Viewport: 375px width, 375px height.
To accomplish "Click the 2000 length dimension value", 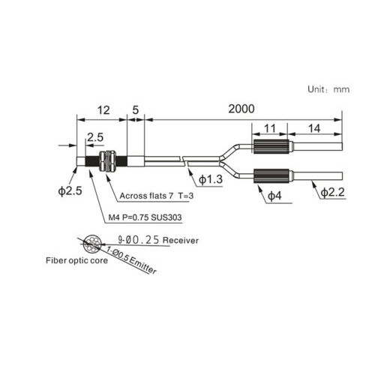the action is [241, 109].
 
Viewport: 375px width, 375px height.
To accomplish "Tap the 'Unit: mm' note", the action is [328, 89].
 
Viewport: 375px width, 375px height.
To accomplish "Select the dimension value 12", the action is [103, 110].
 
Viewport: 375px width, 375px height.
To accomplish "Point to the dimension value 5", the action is [135, 110].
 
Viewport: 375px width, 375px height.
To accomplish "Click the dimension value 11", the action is [270, 128].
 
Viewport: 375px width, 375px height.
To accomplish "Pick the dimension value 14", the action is [314, 128].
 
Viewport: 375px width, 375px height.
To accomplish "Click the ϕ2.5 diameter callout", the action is [70, 191].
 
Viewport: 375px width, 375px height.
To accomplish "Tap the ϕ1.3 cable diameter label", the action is [211, 179].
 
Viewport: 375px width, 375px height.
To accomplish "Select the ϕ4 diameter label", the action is [274, 196].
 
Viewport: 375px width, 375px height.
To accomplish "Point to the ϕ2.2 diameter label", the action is [333, 192].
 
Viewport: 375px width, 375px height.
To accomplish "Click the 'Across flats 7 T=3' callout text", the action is [157, 196].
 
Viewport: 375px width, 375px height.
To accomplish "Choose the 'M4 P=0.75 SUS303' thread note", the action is [145, 217].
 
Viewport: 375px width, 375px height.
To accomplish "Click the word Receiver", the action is [181, 241].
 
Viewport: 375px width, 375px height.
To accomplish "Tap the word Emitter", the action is [143, 265].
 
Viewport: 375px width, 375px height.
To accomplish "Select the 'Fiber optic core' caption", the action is [76, 260].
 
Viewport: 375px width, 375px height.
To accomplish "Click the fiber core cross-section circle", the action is [92, 244].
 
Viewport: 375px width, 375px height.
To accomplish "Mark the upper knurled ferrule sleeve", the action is [271, 146].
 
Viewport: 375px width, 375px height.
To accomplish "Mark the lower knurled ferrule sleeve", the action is [271, 176].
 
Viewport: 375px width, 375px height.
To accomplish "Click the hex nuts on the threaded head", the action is [107, 160].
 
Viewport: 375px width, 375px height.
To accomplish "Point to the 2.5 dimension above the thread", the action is [95, 137].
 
